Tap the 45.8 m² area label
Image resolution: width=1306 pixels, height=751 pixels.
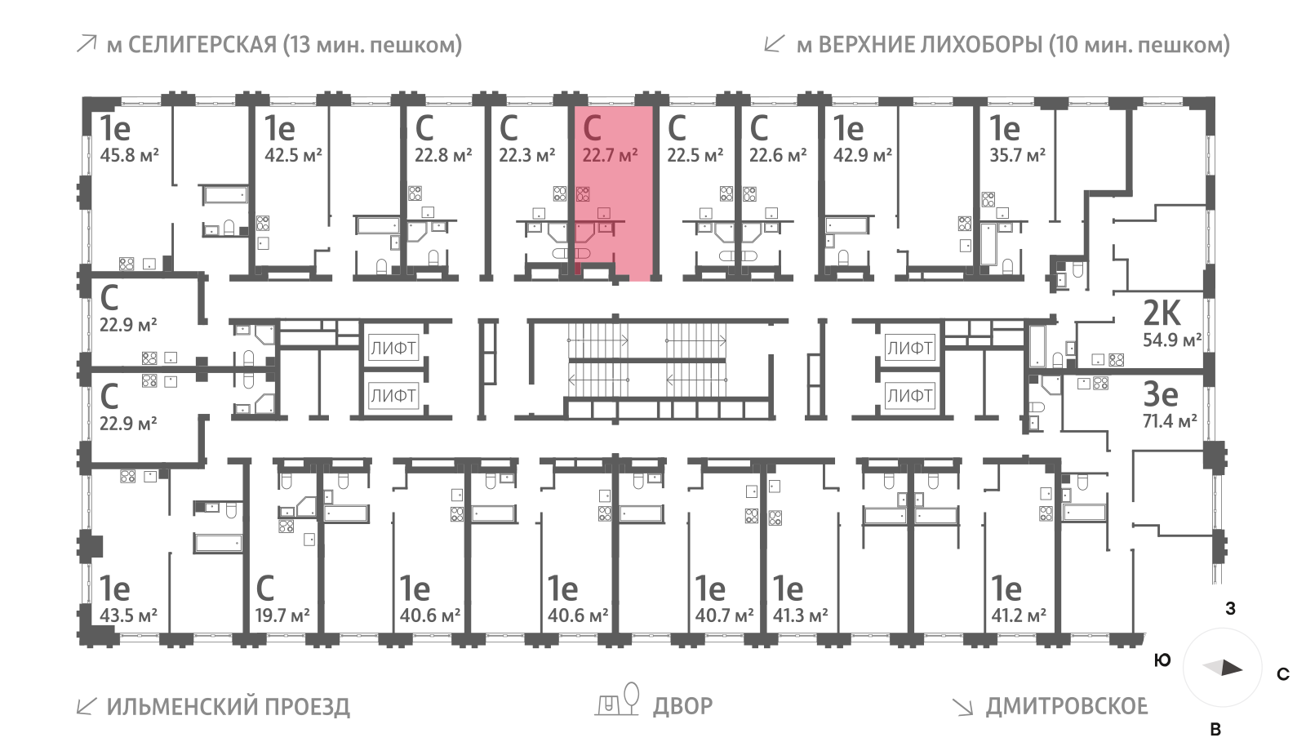pyautogui.click(x=129, y=155)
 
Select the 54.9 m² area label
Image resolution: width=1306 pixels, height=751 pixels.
pyautogui.click(x=1171, y=340)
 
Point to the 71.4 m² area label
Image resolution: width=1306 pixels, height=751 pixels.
pyautogui.click(x=1169, y=421)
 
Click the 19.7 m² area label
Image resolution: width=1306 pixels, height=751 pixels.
pyautogui.click(x=282, y=615)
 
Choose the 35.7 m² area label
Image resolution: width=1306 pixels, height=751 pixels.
pyautogui.click(x=1017, y=155)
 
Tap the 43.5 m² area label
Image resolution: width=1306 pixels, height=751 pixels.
pyautogui.click(x=128, y=615)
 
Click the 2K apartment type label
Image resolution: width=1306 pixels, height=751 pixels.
pyautogui.click(x=1162, y=313)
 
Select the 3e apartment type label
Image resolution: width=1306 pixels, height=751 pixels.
pyautogui.click(x=1160, y=394)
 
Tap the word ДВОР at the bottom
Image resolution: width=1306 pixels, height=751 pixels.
pyautogui.click(x=682, y=705)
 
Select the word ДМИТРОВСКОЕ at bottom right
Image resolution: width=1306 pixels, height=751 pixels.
pyautogui.click(x=1066, y=706)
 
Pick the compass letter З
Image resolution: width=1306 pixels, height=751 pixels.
pyautogui.click(x=1230, y=609)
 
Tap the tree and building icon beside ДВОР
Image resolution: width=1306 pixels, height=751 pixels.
pyautogui.click(x=618, y=700)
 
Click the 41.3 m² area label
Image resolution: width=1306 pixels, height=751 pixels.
pyautogui.click(x=800, y=615)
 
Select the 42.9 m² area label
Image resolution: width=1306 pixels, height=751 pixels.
pyautogui.click(x=862, y=155)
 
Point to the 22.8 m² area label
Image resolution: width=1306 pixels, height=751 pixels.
pyautogui.click(x=443, y=155)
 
